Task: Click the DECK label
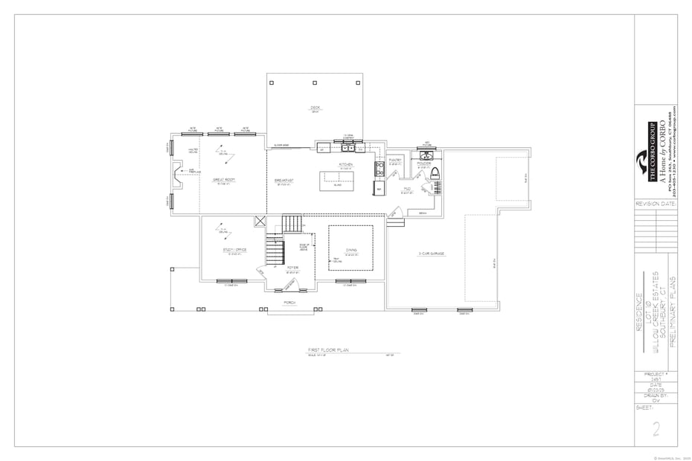(x=315, y=108)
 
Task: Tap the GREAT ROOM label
(x=224, y=180)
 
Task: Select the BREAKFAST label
(x=283, y=180)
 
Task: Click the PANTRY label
(x=395, y=160)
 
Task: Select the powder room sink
(x=427, y=155)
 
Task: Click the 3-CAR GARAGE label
(x=431, y=254)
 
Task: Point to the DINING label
(x=350, y=251)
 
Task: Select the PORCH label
(x=289, y=303)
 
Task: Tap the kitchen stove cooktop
(x=379, y=170)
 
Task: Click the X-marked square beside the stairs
(x=260, y=221)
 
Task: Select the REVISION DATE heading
(x=656, y=202)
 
